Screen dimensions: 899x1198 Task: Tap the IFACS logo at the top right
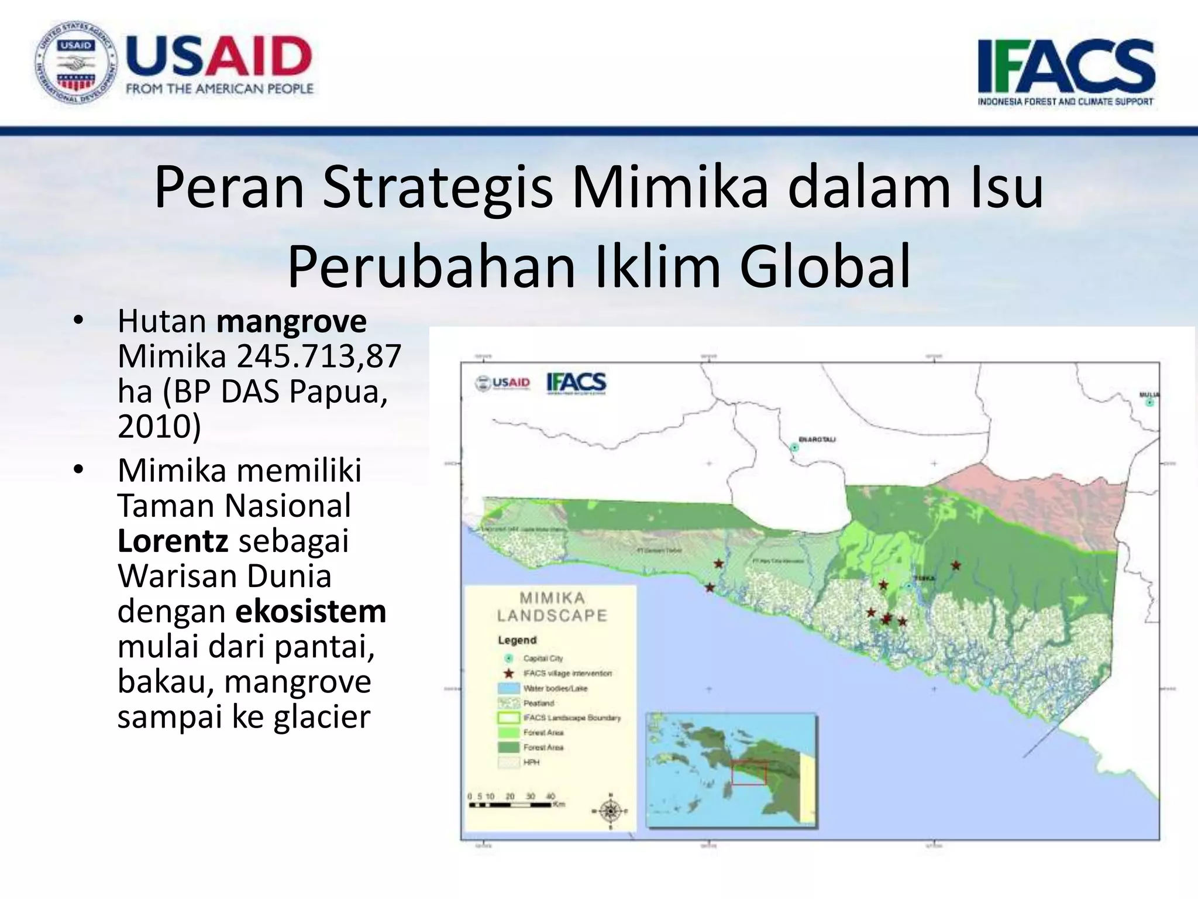tap(1066, 70)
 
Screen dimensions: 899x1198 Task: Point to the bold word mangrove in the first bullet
tap(291, 321)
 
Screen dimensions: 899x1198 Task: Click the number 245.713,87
tap(319, 356)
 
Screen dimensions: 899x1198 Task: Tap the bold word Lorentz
tap(173, 541)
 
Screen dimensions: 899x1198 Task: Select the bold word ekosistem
tap(311, 611)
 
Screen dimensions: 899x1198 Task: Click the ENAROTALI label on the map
tap(817, 439)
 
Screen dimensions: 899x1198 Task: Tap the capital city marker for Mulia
tap(1149, 403)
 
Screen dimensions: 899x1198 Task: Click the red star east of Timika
tap(956, 565)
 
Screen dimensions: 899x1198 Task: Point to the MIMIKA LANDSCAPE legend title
tap(552, 606)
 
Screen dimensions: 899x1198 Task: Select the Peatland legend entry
tap(538, 703)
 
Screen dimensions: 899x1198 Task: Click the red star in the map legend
tap(509, 673)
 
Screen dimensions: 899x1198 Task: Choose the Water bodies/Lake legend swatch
tap(508, 688)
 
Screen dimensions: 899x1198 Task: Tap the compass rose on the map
tap(611, 811)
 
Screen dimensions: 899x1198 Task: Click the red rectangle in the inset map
tap(749, 773)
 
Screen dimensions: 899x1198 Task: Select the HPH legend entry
tap(531, 762)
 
